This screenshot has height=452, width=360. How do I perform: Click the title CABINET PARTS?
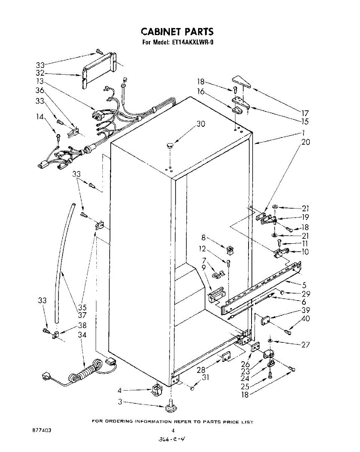(177, 31)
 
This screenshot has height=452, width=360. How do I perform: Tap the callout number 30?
(201, 124)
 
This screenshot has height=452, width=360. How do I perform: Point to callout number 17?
(305, 113)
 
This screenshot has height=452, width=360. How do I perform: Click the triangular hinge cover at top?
(241, 82)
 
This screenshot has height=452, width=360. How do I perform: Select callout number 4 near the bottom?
(120, 390)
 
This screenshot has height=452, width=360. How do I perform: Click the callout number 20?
(306, 142)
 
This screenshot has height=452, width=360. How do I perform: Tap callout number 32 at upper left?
(40, 73)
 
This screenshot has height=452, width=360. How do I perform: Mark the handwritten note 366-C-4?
(172, 439)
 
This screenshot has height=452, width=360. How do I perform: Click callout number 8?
(204, 238)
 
